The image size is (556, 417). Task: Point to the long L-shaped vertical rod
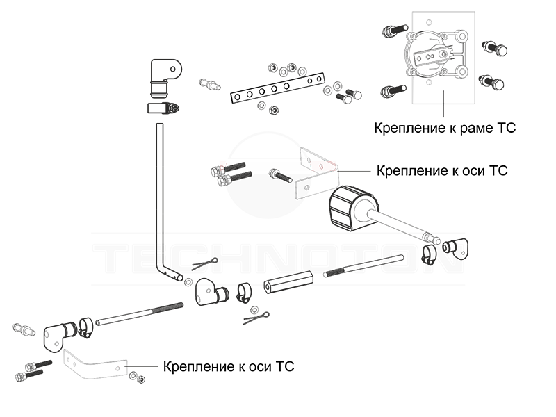[x=160, y=195]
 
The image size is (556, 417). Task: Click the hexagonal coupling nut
[x=288, y=282]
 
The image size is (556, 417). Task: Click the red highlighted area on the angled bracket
[x=321, y=166]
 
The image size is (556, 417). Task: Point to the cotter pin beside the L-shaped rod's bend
[x=205, y=264]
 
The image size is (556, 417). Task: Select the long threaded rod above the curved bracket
[x=139, y=313]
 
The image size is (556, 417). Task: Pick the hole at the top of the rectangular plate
[x=429, y=23]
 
